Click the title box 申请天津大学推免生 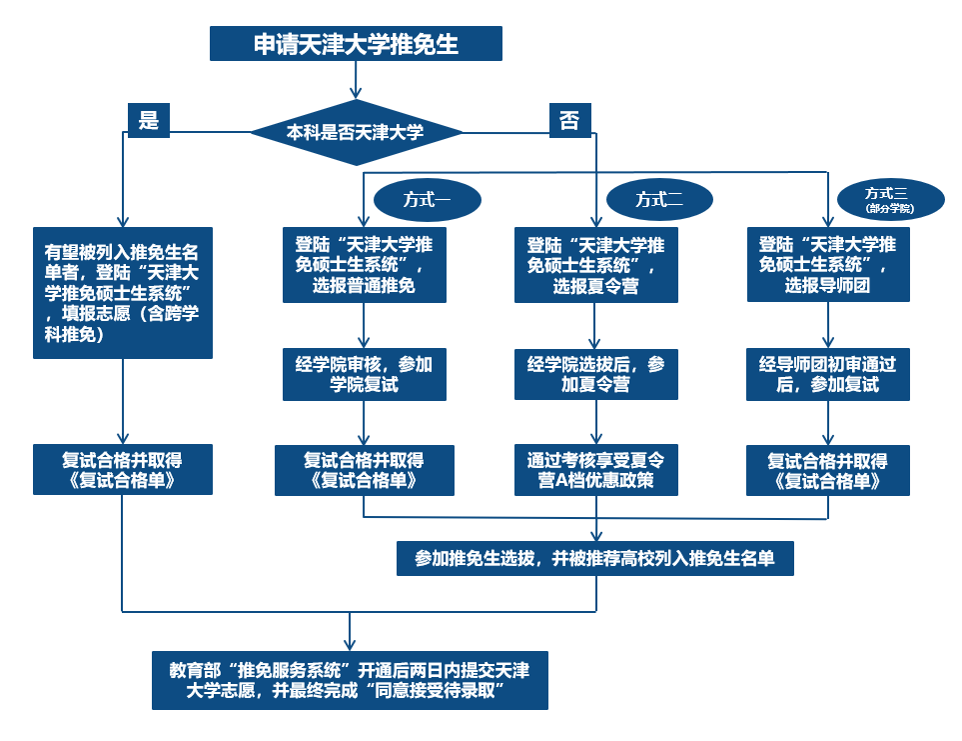[x=355, y=44]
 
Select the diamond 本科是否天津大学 [x=356, y=132]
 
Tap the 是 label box [x=149, y=120]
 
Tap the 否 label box [x=569, y=120]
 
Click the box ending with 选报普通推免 [x=364, y=265]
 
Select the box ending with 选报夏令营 [x=596, y=265]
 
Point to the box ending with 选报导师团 [x=828, y=265]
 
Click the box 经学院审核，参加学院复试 [x=364, y=374]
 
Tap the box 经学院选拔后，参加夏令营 [x=596, y=374]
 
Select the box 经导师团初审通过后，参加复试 [x=828, y=374]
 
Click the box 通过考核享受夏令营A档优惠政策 [x=596, y=470]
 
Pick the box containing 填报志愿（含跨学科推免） [x=122, y=292]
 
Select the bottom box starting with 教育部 [x=350, y=680]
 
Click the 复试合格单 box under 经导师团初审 [x=828, y=470]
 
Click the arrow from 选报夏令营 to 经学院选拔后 [x=596, y=325]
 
